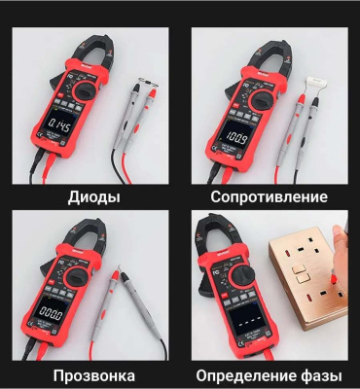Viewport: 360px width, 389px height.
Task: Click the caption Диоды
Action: point(94,197)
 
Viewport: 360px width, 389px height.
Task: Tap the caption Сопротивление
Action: point(261,197)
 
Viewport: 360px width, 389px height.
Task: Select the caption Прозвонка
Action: point(94,376)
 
